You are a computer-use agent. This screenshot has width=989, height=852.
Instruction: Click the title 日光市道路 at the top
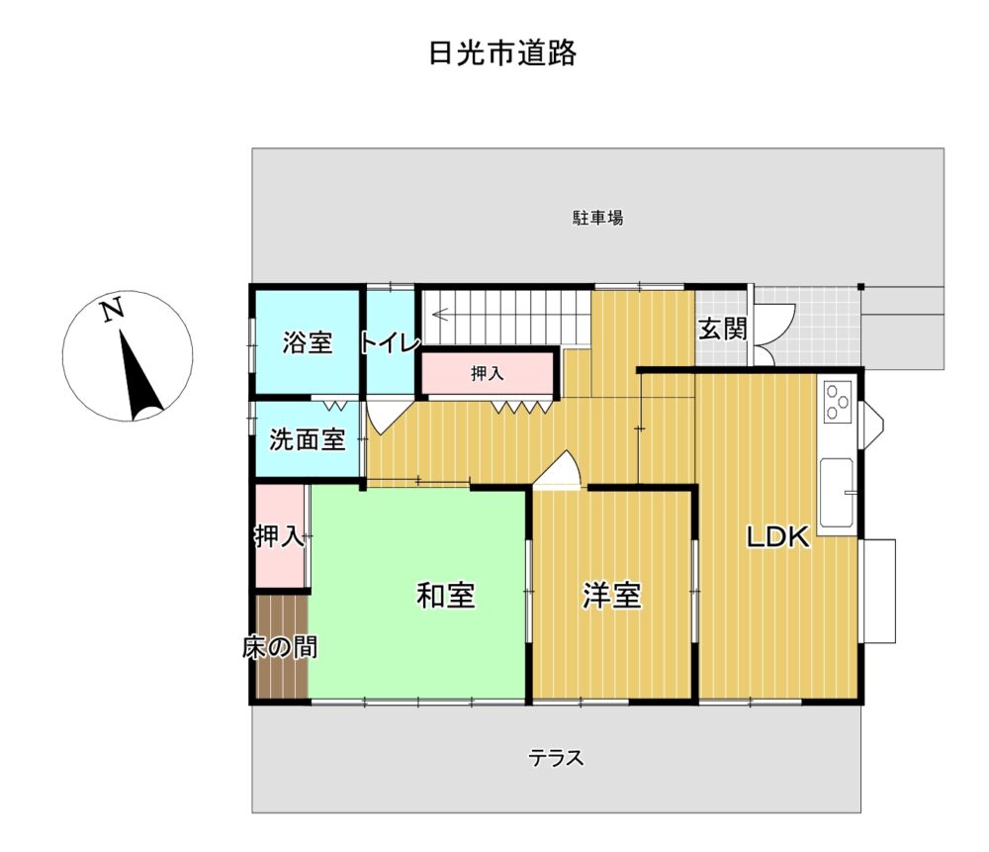pyautogui.click(x=502, y=53)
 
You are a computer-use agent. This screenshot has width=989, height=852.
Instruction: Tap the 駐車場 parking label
pyautogui.click(x=598, y=219)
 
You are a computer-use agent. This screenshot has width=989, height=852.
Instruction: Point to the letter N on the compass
pyautogui.click(x=113, y=311)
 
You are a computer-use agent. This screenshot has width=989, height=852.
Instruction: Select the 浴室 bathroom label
pyautogui.click(x=308, y=342)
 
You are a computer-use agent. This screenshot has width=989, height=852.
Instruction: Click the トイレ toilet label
pyautogui.click(x=391, y=343)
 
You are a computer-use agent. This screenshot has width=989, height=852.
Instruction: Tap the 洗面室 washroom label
pyautogui.click(x=308, y=440)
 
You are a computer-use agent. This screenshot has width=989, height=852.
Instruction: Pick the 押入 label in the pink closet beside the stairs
pyautogui.click(x=488, y=374)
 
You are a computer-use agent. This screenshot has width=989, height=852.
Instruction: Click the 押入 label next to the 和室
pyautogui.click(x=280, y=536)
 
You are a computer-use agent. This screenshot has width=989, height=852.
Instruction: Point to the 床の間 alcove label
pyautogui.click(x=280, y=647)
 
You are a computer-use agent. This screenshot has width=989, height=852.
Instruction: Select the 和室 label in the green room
pyautogui.click(x=446, y=595)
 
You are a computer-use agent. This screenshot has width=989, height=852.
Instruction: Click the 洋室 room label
pyautogui.click(x=612, y=595)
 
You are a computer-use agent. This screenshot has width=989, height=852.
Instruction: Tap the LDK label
pyautogui.click(x=777, y=537)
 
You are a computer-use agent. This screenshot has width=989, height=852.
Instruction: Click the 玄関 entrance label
pyautogui.click(x=723, y=329)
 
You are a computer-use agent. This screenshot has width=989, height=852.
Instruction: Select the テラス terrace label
pyautogui.click(x=556, y=757)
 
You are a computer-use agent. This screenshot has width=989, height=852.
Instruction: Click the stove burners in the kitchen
pyautogui.click(x=838, y=402)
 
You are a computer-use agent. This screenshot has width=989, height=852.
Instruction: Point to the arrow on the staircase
pyautogui.click(x=440, y=314)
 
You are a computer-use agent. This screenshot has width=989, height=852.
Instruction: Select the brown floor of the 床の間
pyautogui.click(x=282, y=646)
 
